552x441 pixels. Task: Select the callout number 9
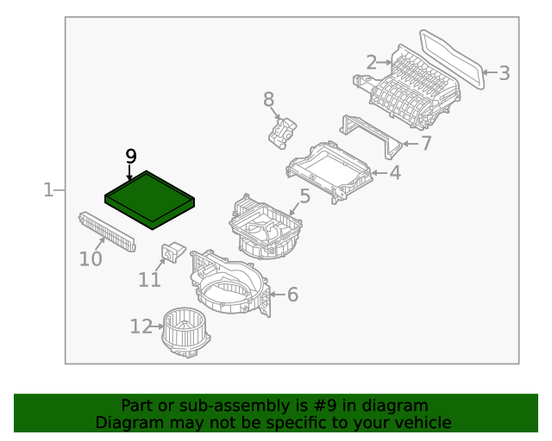pyautogui.click(x=130, y=156)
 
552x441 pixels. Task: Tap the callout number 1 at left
pyautogui.click(x=49, y=189)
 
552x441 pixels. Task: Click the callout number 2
pyautogui.click(x=371, y=62)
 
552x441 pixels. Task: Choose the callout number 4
pyautogui.click(x=394, y=173)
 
